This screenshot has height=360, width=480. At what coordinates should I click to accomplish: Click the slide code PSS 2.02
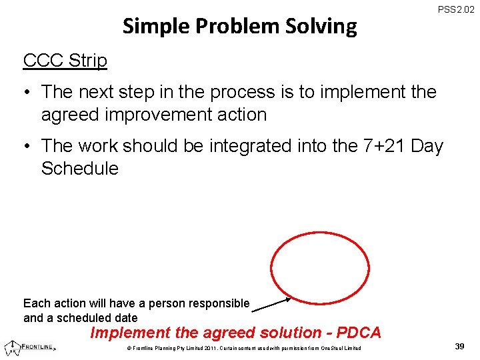pyautogui.click(x=456, y=11)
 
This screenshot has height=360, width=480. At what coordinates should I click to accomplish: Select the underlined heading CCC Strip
pyautogui.click(x=65, y=60)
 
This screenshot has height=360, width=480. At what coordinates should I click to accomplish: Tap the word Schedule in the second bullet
pyautogui.click(x=79, y=169)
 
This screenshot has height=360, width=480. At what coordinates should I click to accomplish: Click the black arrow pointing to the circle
pyautogui.click(x=271, y=304)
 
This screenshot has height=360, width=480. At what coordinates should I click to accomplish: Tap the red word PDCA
pyautogui.click(x=359, y=333)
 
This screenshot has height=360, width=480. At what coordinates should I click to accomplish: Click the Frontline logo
pyautogui.click(x=30, y=347)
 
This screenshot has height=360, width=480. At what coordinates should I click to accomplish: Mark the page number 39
pyautogui.click(x=459, y=347)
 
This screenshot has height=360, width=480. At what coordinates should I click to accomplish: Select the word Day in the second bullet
pyautogui.click(x=427, y=146)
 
